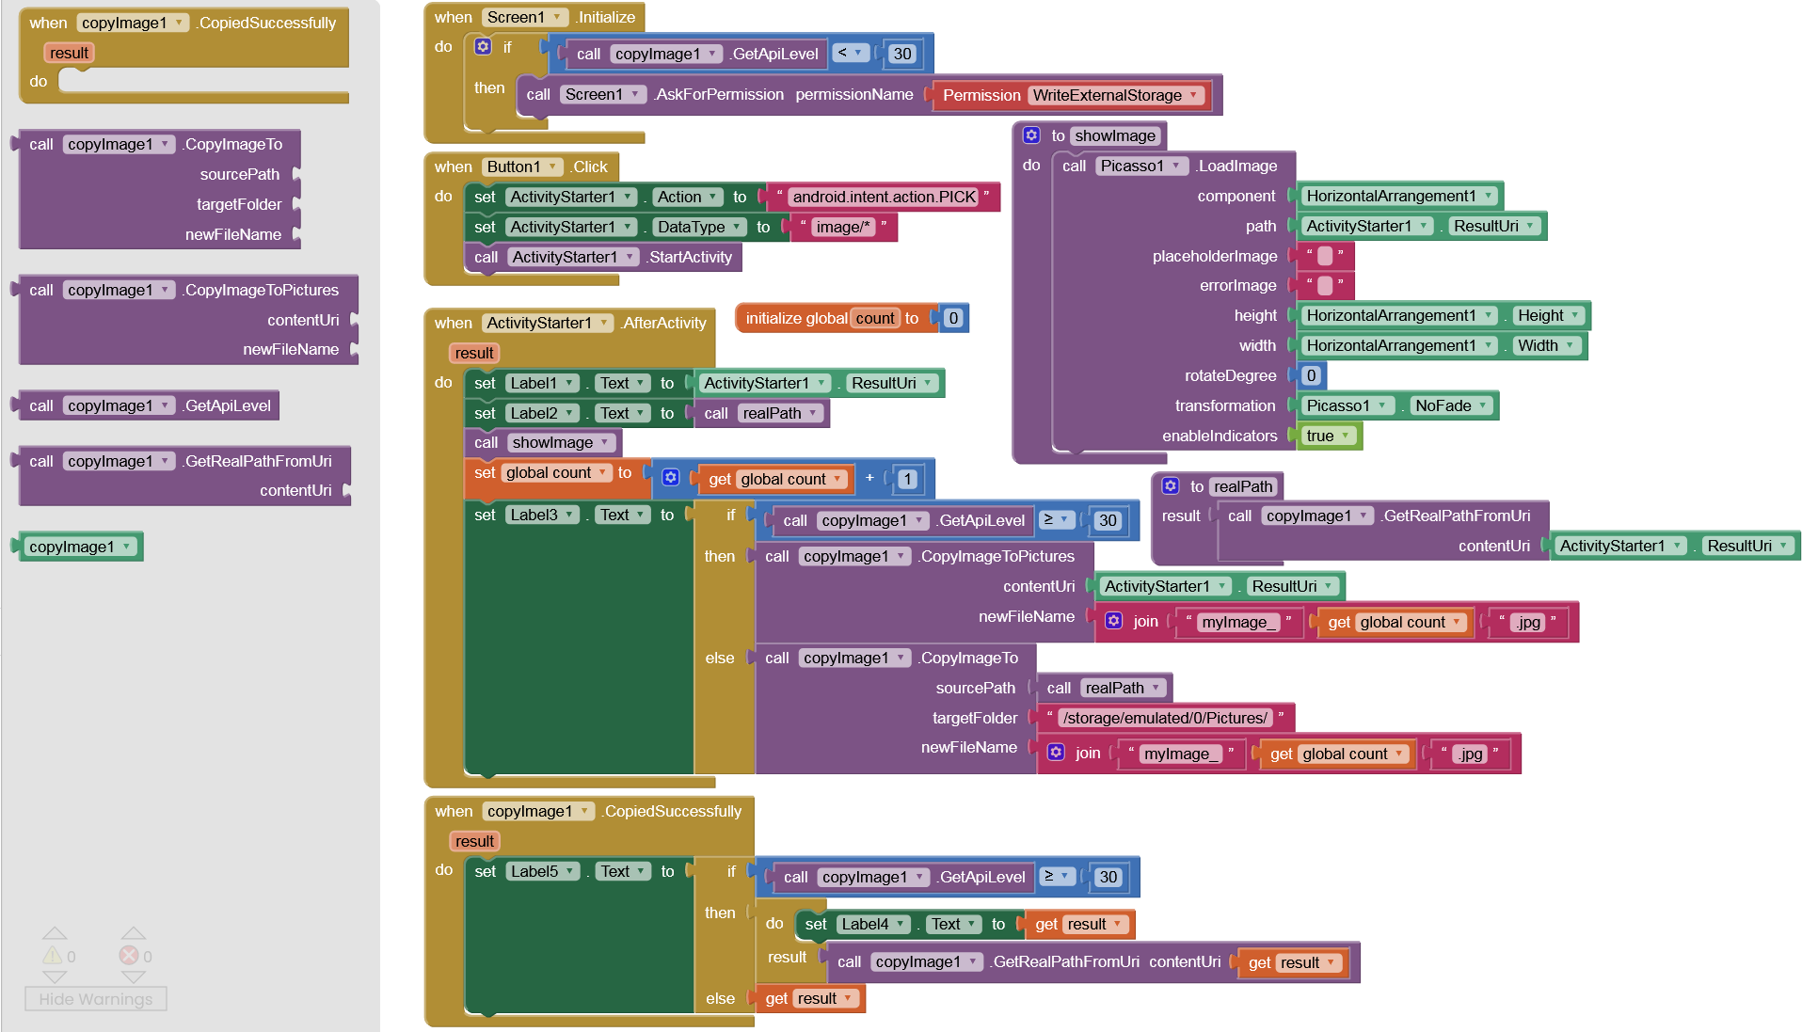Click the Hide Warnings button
pos(95,999)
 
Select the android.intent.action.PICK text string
pos(884,197)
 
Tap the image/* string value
pos(842,227)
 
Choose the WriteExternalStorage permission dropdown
pos(1115,95)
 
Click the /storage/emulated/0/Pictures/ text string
pos(1164,718)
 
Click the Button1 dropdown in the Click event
pos(522,167)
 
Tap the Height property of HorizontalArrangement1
pos(1549,315)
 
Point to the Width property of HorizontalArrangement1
pos(1546,345)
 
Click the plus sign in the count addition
pos(869,478)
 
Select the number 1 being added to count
pos(907,479)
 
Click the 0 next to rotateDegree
pos(1311,375)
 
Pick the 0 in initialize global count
pos(953,318)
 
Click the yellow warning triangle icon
pos(53,956)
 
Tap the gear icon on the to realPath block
pos(1171,486)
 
